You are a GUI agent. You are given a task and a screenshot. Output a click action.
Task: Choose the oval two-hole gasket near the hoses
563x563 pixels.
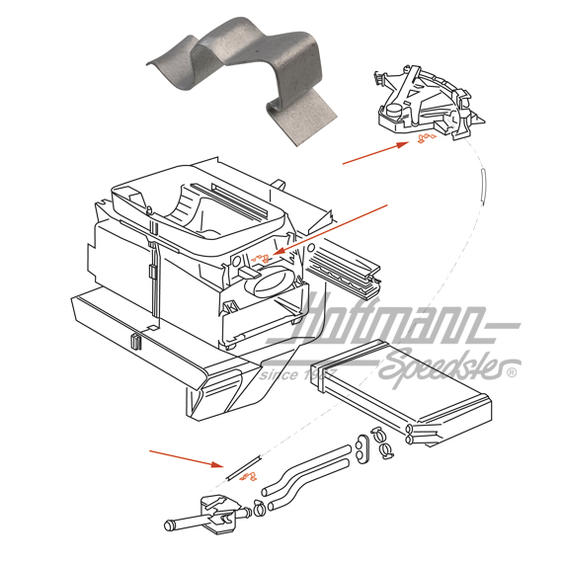tap(362, 447)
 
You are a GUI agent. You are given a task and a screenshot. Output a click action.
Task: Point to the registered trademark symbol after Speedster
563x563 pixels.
tap(511, 373)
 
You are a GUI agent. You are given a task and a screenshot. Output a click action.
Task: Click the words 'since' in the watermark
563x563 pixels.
tap(278, 374)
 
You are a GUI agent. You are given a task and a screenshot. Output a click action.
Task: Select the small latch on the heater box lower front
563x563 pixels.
tap(131, 342)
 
